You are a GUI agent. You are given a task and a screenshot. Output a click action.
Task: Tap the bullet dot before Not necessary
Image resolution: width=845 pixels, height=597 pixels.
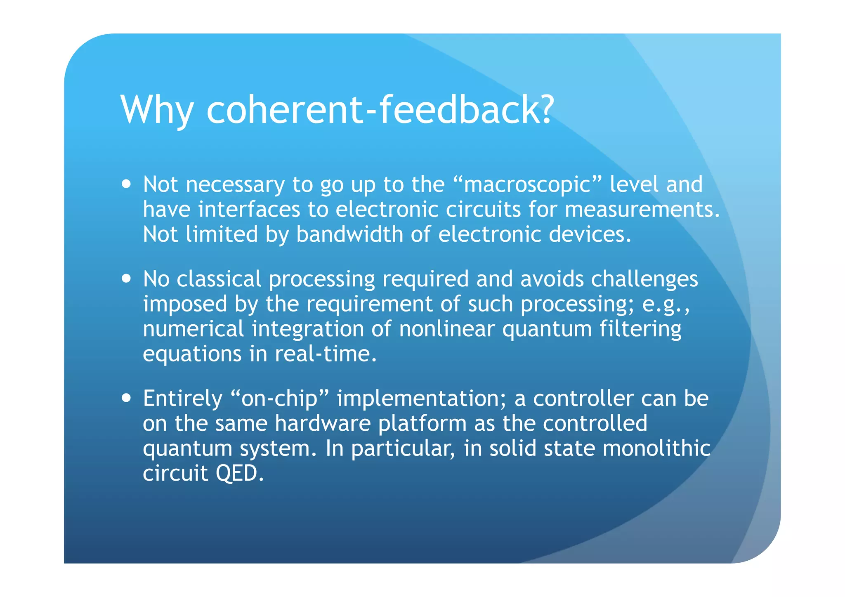pyautogui.click(x=127, y=184)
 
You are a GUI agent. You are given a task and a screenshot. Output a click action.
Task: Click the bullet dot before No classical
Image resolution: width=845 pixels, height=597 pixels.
pyautogui.click(x=127, y=278)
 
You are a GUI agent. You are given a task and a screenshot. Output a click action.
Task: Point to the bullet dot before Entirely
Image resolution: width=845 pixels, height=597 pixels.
pyautogui.click(x=127, y=398)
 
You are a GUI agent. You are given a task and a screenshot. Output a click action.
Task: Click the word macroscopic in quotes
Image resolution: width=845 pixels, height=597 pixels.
pyautogui.click(x=527, y=184)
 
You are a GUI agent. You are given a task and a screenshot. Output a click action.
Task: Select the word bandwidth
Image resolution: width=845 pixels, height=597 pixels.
pyautogui.click(x=349, y=234)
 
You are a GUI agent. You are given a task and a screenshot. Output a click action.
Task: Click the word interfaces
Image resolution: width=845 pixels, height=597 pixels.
pyautogui.click(x=249, y=209)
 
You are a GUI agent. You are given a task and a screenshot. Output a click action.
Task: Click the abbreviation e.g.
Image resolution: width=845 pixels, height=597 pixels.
pyautogui.click(x=665, y=304)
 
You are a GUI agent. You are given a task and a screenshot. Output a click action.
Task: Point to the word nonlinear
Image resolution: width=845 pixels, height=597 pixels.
pyautogui.click(x=446, y=329)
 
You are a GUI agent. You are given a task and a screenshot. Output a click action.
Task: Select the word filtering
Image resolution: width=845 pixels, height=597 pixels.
pyautogui.click(x=640, y=329)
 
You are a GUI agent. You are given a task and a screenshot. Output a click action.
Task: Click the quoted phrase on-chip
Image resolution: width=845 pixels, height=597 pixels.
pyautogui.click(x=279, y=399)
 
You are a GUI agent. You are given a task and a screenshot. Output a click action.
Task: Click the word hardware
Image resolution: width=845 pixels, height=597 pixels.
pyautogui.click(x=323, y=423)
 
